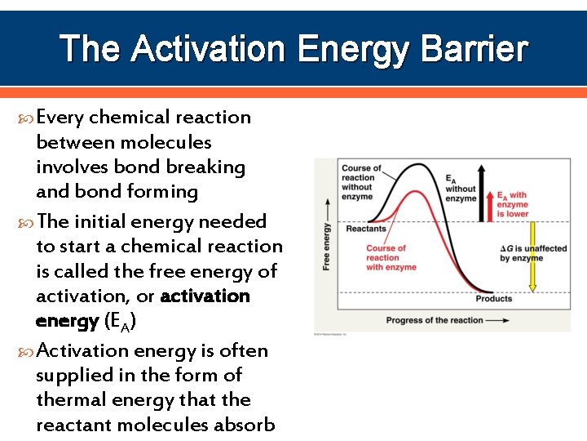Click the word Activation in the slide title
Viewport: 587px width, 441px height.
(x=209, y=49)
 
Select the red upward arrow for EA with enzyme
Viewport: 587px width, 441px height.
(x=491, y=207)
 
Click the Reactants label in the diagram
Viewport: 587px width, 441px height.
(x=365, y=229)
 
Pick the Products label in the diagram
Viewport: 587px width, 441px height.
(x=494, y=299)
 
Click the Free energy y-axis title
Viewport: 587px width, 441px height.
(x=326, y=246)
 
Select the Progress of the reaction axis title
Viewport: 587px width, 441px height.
(x=434, y=320)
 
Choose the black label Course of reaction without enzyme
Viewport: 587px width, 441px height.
(x=358, y=182)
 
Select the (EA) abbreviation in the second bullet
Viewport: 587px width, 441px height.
(x=121, y=322)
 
